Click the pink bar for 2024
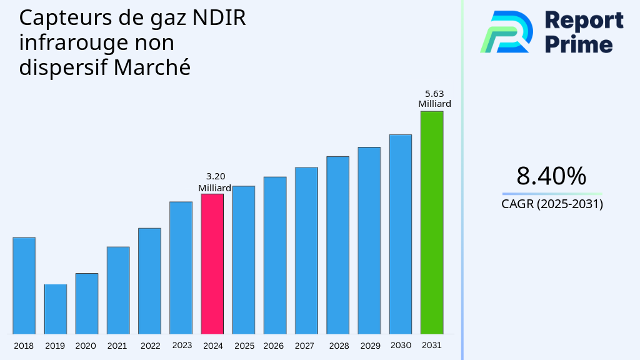pyautogui.click(x=212, y=264)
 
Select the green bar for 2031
pyautogui.click(x=432, y=222)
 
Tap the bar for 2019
pyautogui.click(x=56, y=309)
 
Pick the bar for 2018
pyautogui.click(x=24, y=286)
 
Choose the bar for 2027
pyautogui.click(x=306, y=251)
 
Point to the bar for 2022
pyautogui.click(x=149, y=281)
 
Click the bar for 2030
pyautogui.click(x=401, y=234)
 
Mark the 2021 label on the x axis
pyautogui.click(x=117, y=346)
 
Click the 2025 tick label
pyautogui.click(x=244, y=346)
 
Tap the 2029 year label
pyautogui.click(x=370, y=346)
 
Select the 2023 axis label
pyautogui.click(x=182, y=345)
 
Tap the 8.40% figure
pyautogui.click(x=551, y=176)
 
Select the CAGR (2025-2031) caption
pyautogui.click(x=552, y=204)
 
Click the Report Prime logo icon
pyautogui.click(x=506, y=31)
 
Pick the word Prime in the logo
pyautogui.click(x=578, y=44)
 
